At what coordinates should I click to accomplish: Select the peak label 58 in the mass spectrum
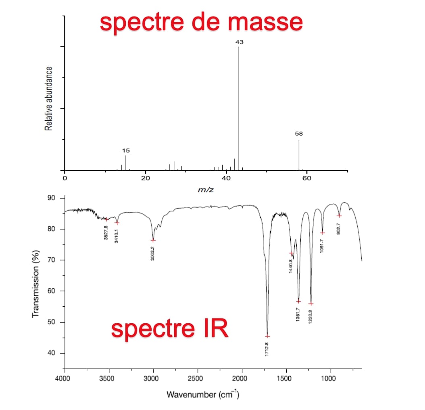pos(299,134)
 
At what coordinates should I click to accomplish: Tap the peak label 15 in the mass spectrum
pos(126,151)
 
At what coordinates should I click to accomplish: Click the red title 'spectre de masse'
pos(201,22)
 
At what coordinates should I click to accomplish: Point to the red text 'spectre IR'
pos(169,329)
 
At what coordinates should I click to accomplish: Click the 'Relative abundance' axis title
pos(49,98)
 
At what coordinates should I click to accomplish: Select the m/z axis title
pos(206,190)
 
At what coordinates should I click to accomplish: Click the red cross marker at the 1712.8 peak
pos(267,336)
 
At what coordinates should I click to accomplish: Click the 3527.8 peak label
pos(106,232)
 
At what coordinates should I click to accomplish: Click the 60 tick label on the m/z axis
pos(307,178)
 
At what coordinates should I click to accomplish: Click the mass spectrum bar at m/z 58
pos(299,155)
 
